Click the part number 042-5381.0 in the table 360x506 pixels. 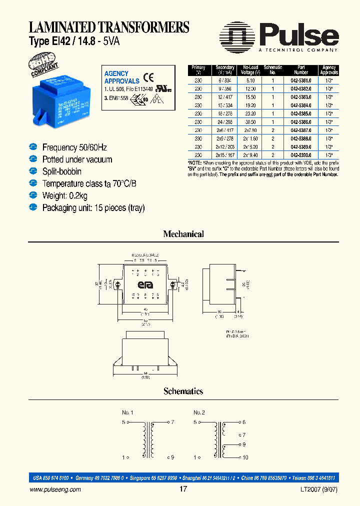point(302,79)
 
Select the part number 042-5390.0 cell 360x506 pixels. point(302,154)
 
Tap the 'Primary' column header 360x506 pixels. point(198,70)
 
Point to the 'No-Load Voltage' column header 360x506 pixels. point(250,70)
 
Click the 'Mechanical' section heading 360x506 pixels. point(183,234)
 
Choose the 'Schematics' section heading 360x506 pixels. point(183,391)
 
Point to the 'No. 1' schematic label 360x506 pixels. point(128,412)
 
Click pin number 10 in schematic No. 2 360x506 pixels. point(245,457)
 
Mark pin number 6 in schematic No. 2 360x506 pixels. point(243,422)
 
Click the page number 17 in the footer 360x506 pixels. point(183,489)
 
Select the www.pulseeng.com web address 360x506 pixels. point(55,490)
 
